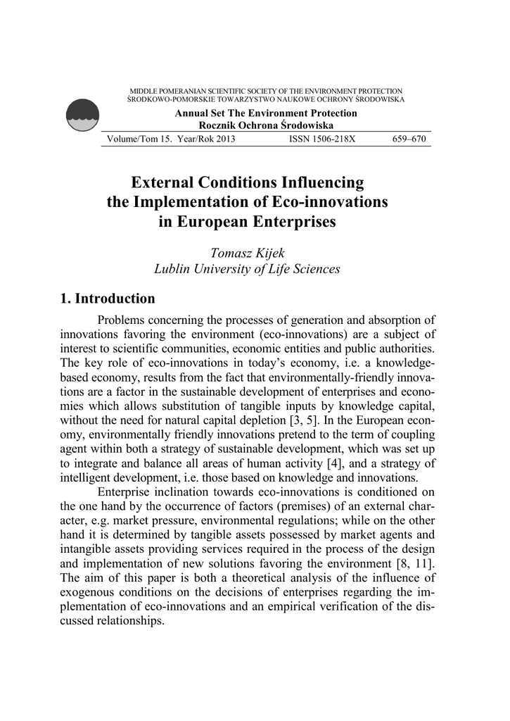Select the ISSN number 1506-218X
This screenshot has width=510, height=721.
click(323, 139)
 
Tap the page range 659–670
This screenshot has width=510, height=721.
click(409, 139)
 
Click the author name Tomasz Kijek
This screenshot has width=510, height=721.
click(246, 253)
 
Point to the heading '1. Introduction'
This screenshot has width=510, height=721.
click(108, 298)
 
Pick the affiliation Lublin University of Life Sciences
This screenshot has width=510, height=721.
click(246, 269)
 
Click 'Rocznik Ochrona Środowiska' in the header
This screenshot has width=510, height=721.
click(266, 125)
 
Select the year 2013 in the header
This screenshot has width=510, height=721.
click(224, 139)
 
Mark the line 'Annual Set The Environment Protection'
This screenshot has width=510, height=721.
click(266, 113)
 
